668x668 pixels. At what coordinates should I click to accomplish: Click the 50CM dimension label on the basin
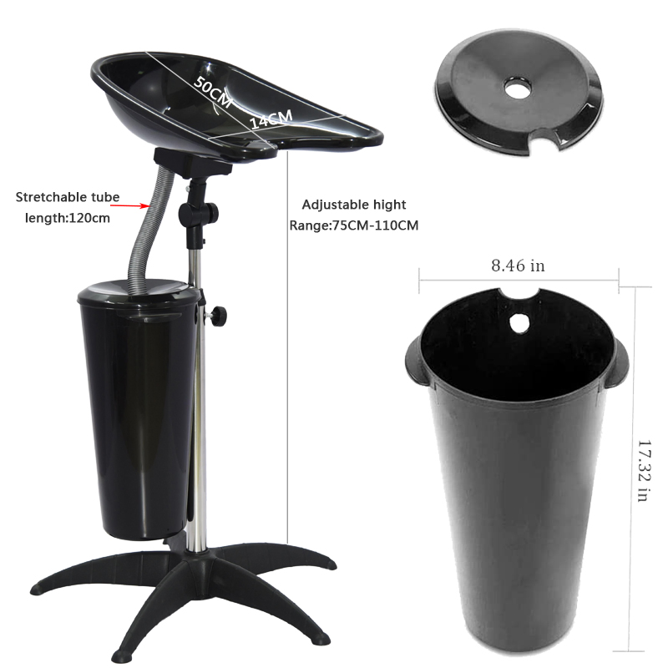[213, 92]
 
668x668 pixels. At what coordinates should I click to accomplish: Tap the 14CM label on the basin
[271, 119]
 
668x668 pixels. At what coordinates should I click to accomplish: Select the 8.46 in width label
[518, 266]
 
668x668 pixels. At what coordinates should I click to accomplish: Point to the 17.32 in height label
[644, 471]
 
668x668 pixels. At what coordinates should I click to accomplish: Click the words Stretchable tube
[68, 197]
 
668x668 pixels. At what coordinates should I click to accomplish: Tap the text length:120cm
[68, 218]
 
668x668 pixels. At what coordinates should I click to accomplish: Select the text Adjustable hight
[354, 205]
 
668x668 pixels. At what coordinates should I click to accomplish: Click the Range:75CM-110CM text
[354, 225]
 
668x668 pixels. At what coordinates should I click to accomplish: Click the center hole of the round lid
[518, 89]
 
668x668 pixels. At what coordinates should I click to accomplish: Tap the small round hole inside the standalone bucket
[519, 323]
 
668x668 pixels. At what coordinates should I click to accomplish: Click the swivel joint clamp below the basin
[199, 211]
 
